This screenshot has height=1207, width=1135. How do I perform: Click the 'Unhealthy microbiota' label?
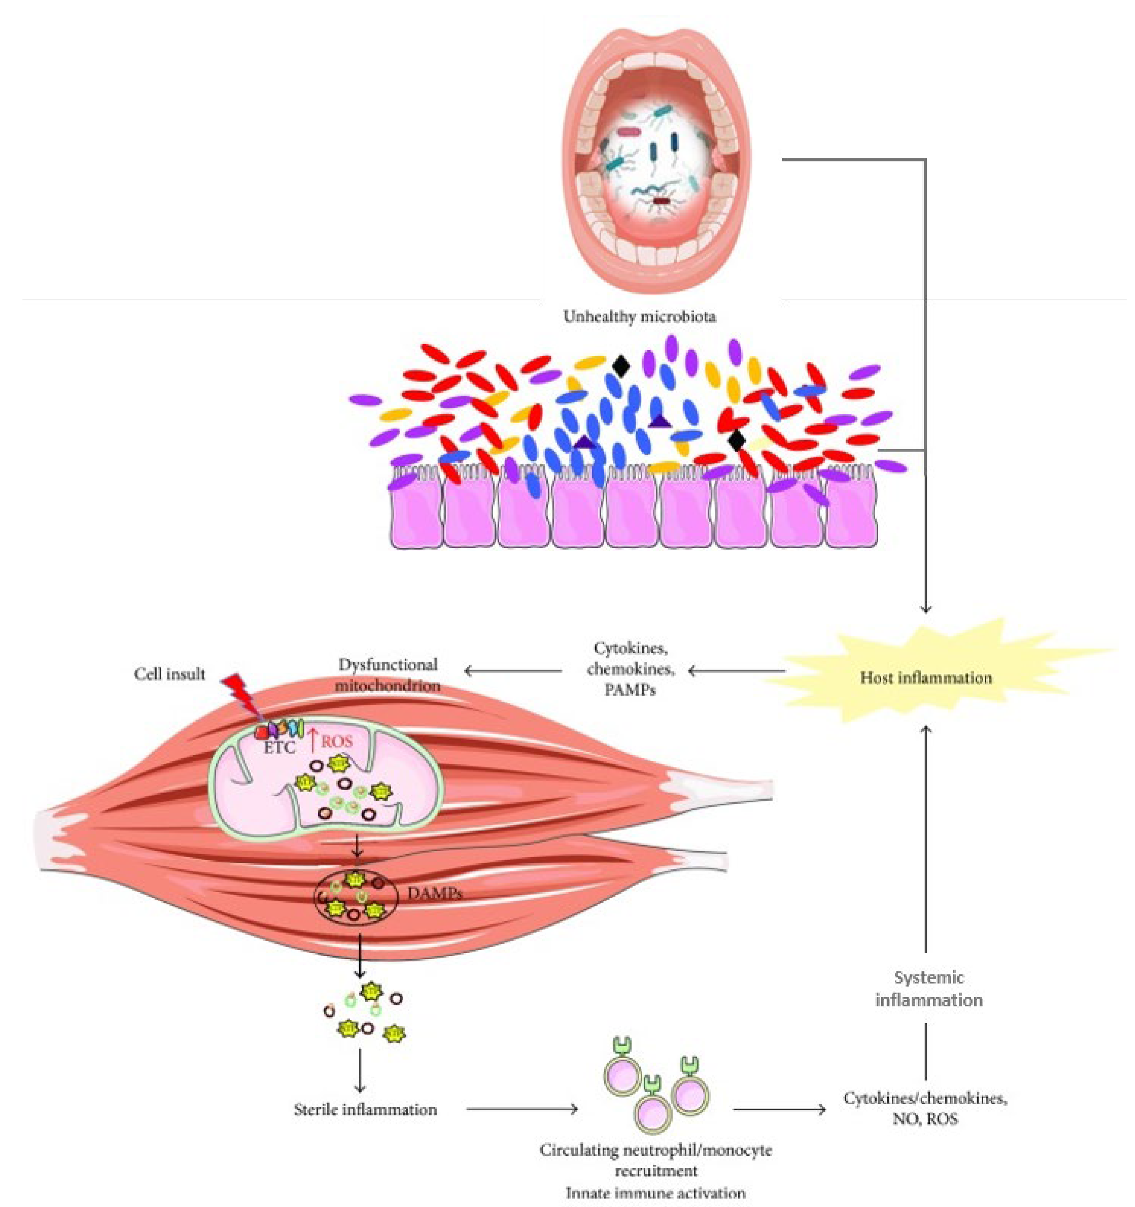(x=639, y=316)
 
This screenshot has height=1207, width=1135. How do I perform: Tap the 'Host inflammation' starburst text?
(x=926, y=678)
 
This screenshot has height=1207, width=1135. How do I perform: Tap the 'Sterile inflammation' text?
(x=365, y=1109)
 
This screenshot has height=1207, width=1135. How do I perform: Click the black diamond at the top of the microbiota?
(x=620, y=365)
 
